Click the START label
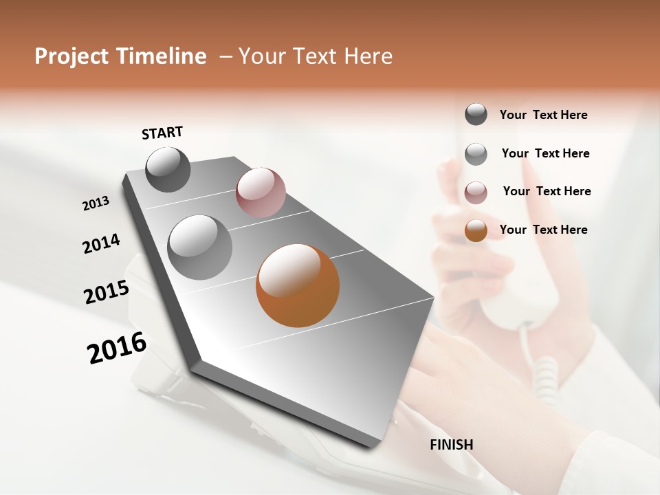pos(162,133)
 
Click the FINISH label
pos(451,445)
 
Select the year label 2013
pos(96,203)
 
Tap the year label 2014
pos(101,244)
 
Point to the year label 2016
pos(117,348)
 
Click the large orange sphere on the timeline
pos(298,285)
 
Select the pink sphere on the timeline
pos(261,192)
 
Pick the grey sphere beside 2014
pos(200,247)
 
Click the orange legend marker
pos(476,230)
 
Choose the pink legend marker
pos(476,192)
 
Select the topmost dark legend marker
pos(476,114)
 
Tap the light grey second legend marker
pos(476,154)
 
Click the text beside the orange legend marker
pos(543,230)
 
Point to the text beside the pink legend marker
pos(547,191)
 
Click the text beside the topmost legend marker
pos(543,115)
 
